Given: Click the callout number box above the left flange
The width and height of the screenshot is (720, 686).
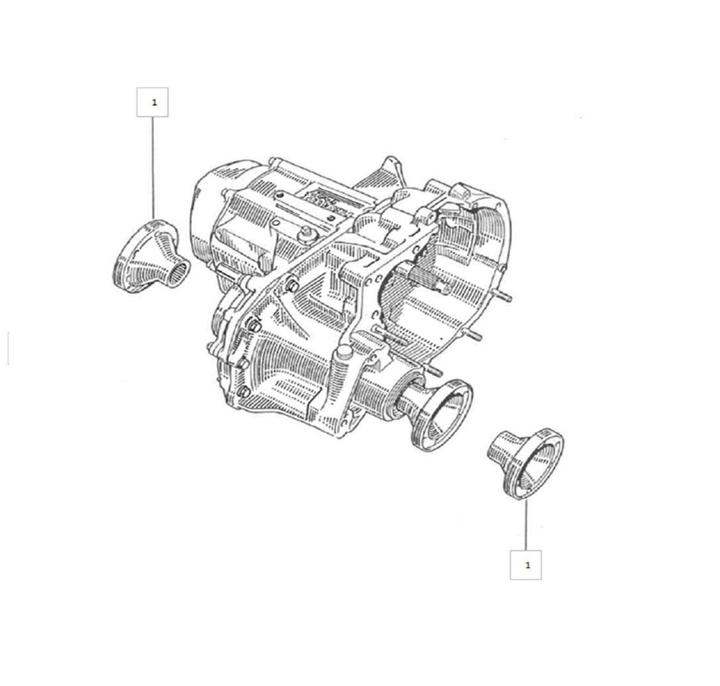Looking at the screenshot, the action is click(152, 102).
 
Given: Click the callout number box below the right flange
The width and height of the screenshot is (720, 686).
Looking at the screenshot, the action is click(526, 565).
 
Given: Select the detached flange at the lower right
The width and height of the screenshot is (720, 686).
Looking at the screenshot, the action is click(526, 463).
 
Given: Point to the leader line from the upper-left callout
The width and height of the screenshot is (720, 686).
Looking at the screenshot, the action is click(153, 169).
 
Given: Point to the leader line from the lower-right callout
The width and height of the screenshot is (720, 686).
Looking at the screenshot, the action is click(526, 524).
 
